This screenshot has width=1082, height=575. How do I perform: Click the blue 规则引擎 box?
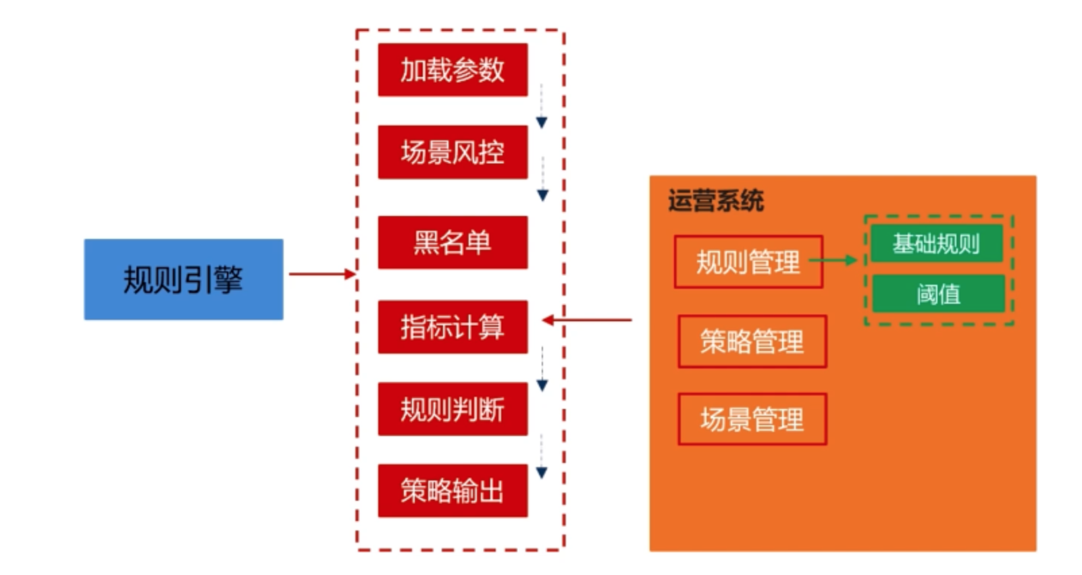click(x=183, y=279)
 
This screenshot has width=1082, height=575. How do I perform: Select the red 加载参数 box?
click(x=453, y=70)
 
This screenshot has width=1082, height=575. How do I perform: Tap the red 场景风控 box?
click(x=453, y=152)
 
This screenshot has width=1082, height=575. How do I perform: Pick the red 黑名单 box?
click(x=453, y=242)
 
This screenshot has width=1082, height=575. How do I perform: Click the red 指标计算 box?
click(x=453, y=327)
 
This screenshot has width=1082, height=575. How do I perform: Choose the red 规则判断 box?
click(x=453, y=409)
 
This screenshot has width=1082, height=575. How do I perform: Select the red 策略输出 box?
click(x=453, y=491)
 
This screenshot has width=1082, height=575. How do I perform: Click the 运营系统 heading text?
click(x=715, y=200)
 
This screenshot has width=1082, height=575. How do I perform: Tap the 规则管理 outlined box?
click(x=748, y=261)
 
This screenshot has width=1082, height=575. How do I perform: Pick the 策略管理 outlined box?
click(x=752, y=341)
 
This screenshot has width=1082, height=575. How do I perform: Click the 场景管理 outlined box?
click(x=752, y=419)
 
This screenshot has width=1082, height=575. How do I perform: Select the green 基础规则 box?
click(x=936, y=243)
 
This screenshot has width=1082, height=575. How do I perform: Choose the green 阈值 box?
click(x=938, y=294)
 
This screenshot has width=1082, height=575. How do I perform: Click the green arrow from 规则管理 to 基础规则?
click(x=833, y=260)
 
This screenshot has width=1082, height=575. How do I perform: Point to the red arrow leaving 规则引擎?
click(x=321, y=274)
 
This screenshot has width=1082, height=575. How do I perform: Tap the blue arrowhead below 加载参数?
click(x=542, y=122)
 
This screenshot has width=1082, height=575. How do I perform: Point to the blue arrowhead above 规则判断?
click(x=542, y=385)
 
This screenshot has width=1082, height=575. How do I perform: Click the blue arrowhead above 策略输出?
click(x=542, y=472)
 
